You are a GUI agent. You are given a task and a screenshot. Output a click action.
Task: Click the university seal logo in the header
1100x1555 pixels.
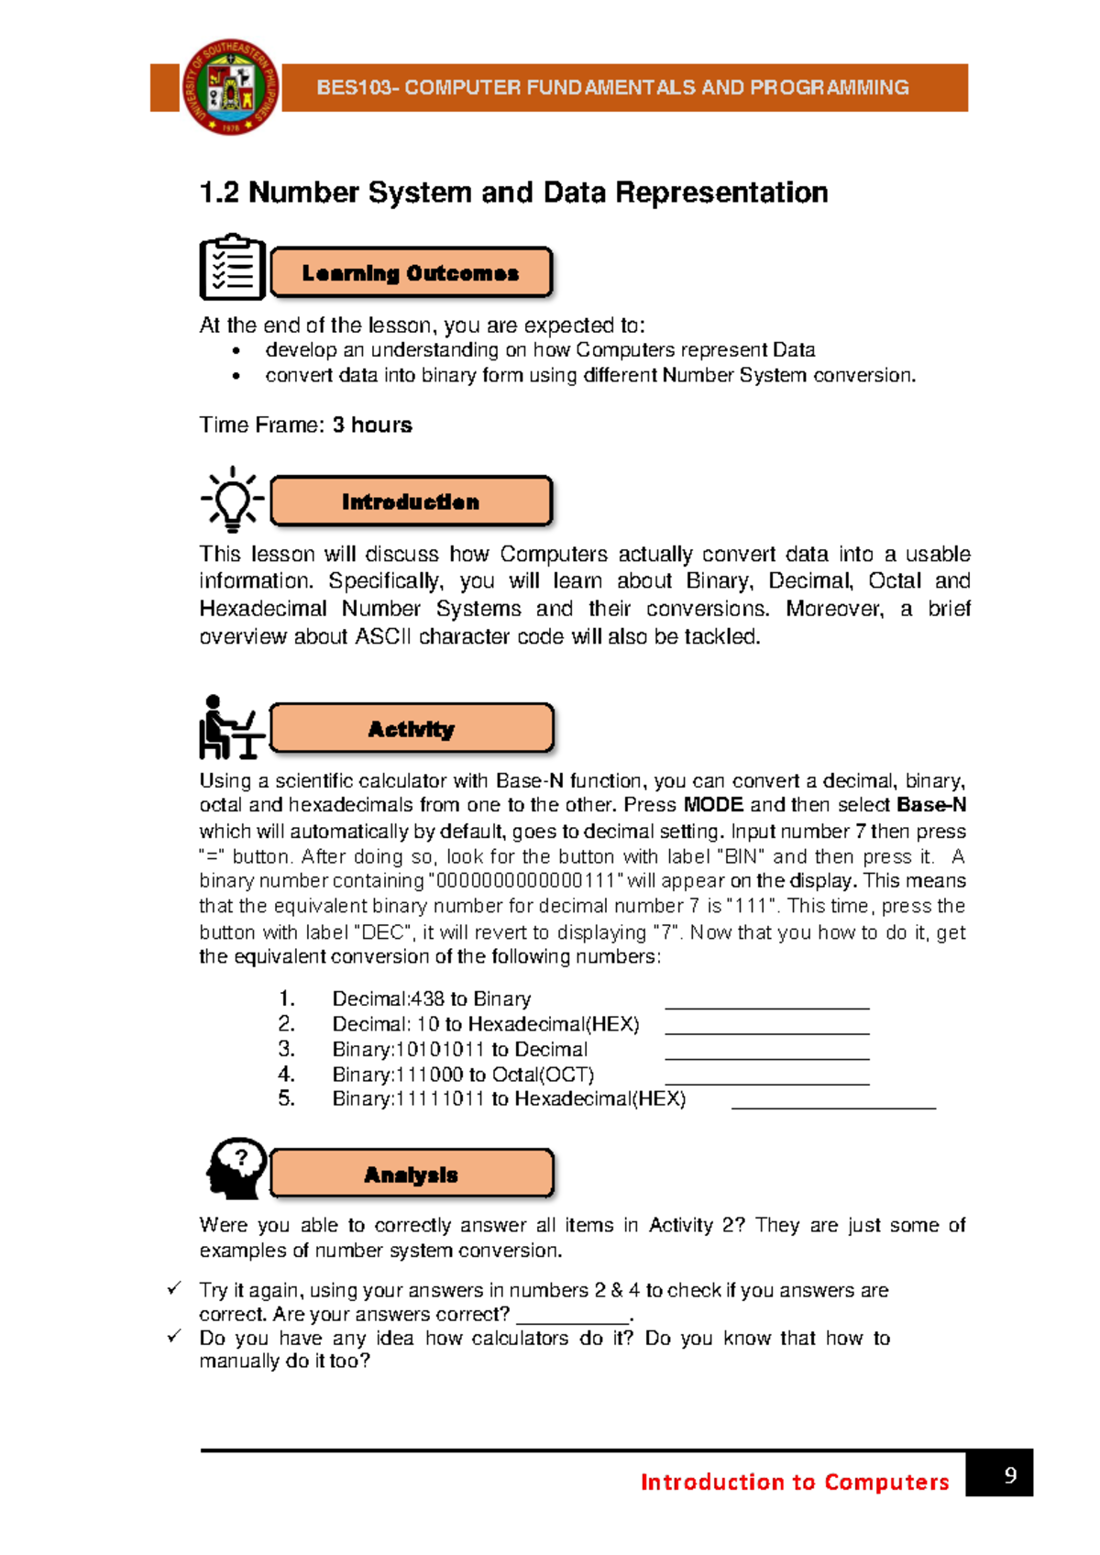[230, 87]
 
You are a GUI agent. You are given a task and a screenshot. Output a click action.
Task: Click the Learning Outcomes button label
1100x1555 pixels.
[411, 273]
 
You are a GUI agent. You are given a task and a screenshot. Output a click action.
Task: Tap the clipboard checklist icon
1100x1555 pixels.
[232, 268]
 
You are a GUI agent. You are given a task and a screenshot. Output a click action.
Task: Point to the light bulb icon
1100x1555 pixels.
[232, 500]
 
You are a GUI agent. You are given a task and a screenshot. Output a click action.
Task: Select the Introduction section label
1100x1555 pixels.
[411, 502]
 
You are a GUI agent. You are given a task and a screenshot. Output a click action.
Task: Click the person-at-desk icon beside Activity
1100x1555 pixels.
[230, 728]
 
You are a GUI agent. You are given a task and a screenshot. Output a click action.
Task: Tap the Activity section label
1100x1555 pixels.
[411, 729]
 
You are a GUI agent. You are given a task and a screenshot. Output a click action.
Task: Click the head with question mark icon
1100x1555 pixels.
[236, 1169]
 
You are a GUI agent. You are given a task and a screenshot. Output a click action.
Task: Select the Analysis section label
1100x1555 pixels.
[411, 1175]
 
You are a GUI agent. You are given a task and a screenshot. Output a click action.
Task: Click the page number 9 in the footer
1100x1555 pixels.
[1010, 1474]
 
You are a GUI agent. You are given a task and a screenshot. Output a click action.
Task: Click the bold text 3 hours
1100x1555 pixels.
[372, 425]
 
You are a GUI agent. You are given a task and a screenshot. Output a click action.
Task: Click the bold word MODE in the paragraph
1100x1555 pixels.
[713, 805]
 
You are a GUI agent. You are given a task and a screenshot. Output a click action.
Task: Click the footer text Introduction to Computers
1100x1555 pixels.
[794, 1482]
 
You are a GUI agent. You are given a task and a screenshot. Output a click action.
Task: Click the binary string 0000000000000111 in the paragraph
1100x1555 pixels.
[526, 881]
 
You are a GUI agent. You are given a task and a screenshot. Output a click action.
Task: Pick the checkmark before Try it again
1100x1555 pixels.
[174, 1288]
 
